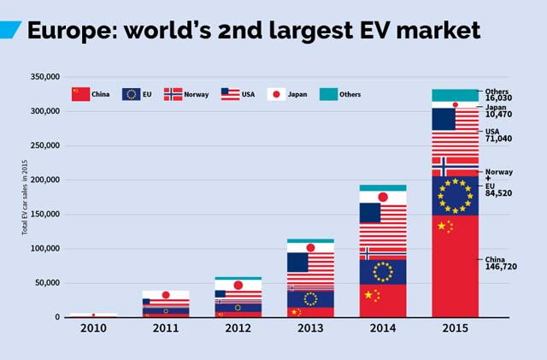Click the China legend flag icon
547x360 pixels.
pos(80,94)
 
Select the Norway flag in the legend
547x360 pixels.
pos(173,94)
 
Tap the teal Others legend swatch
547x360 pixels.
pos(329,94)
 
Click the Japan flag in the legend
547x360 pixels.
pos(277,94)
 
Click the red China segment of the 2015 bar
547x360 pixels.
pos(455,274)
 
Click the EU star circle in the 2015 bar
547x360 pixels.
pos(455,195)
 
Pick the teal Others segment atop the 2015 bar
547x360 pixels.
pos(455,95)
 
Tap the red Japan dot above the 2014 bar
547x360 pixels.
pos(383,198)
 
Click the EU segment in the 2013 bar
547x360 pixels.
pos(309,298)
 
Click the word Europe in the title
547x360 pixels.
pos(73,30)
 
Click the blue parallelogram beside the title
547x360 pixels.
pos(9,30)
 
